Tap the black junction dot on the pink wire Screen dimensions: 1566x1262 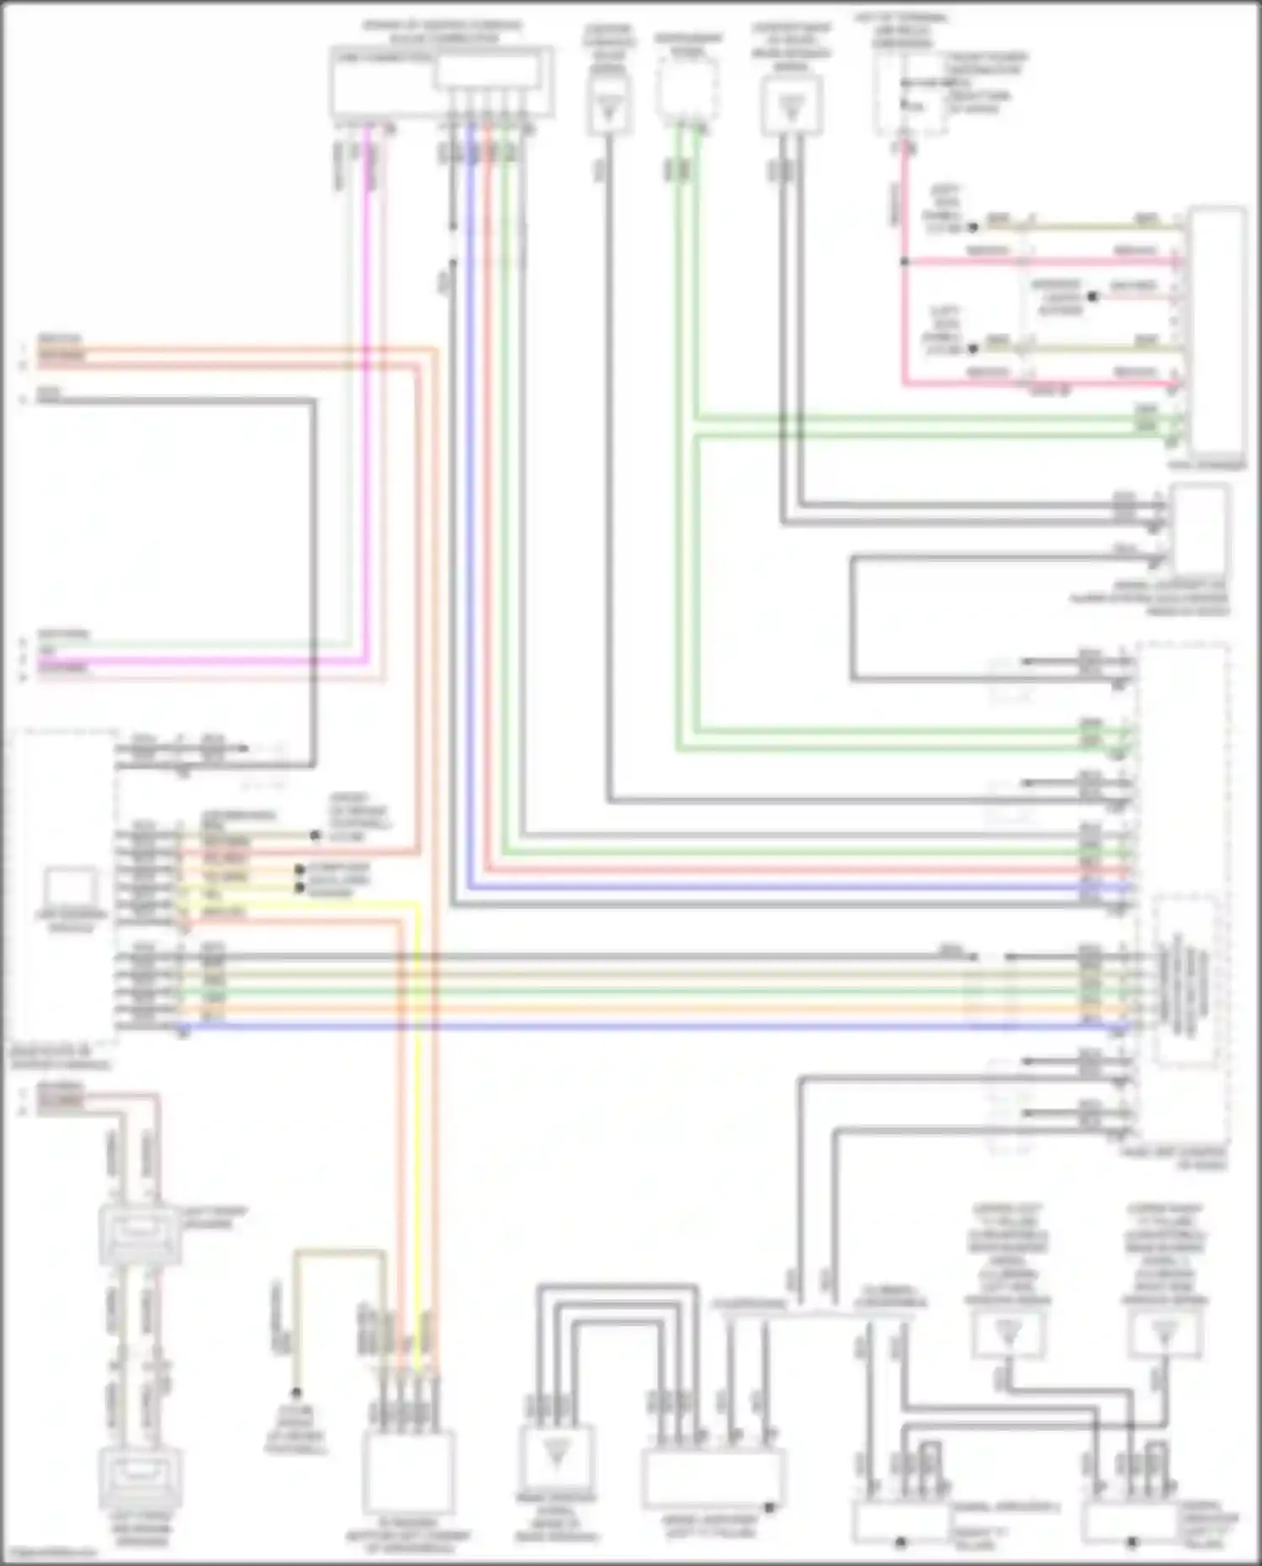[x=904, y=262]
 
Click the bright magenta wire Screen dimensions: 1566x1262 [x=367, y=421]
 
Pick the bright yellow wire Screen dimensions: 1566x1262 [x=416, y=1094]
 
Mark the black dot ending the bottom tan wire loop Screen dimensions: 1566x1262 [x=296, y=1393]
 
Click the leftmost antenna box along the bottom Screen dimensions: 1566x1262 [x=556, y=1457]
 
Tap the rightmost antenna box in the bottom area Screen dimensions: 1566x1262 [x=1165, y=1334]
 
